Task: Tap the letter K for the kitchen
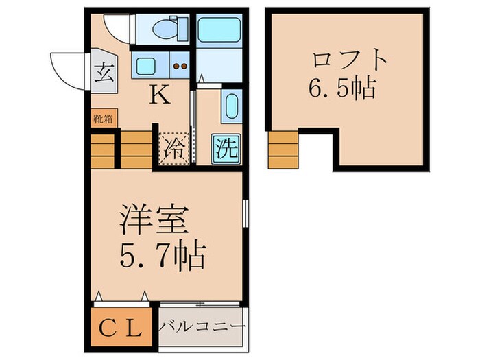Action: [160, 95]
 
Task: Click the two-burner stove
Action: [181, 67]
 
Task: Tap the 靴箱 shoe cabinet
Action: [104, 118]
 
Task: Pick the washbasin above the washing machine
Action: [231, 106]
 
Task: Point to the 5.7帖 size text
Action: [163, 256]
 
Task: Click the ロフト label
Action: [350, 58]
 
